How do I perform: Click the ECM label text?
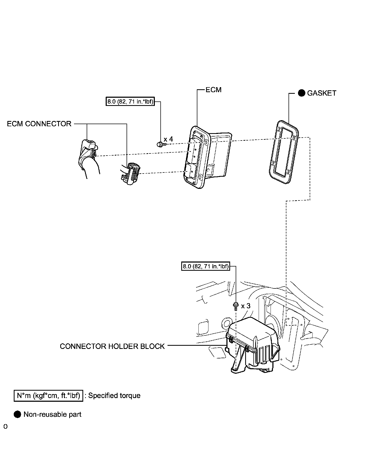[213, 90]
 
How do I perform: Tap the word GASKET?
[322, 93]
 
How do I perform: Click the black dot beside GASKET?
[301, 93]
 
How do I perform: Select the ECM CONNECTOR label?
[39, 124]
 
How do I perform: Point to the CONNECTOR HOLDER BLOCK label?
[112, 346]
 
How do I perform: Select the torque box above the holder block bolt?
[206, 266]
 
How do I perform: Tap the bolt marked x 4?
[160, 144]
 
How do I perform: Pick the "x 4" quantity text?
[168, 139]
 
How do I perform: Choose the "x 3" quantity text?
[245, 306]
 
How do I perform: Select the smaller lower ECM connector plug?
[131, 173]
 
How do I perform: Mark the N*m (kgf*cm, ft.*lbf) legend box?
[48, 396]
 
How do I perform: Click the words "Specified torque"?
[114, 396]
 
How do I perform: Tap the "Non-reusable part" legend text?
[52, 414]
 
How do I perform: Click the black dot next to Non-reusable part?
[17, 414]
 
